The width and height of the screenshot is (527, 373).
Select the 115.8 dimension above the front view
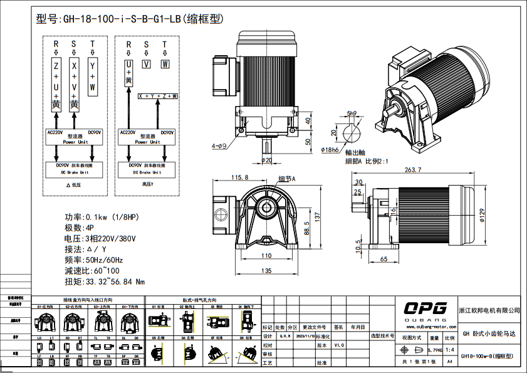pyautogui.click(x=239, y=178)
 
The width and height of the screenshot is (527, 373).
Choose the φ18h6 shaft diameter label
pyautogui.click(x=330, y=151)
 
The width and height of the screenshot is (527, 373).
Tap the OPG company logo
pyautogui.click(x=425, y=308)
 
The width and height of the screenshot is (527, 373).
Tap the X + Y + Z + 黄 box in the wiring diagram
pyautogui.click(x=157, y=96)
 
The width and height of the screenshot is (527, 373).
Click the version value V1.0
pyautogui.click(x=338, y=345)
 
